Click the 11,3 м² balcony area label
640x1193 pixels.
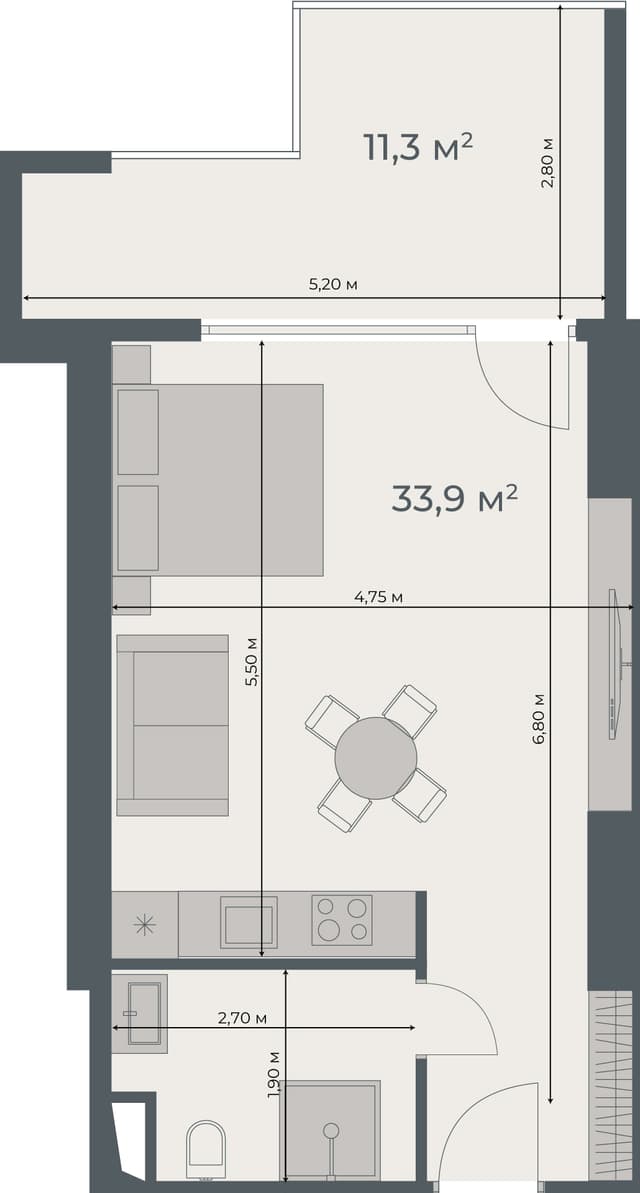(x=417, y=147)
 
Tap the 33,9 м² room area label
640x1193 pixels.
(x=454, y=497)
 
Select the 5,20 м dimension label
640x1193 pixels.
(x=333, y=285)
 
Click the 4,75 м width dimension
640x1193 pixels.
(x=378, y=597)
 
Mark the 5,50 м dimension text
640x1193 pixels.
(x=252, y=661)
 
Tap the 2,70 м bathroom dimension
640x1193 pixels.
(x=242, y=1018)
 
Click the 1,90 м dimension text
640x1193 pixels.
(x=274, y=1076)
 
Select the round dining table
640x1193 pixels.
(x=376, y=757)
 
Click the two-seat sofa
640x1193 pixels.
(x=172, y=725)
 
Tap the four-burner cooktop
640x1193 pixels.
(x=342, y=919)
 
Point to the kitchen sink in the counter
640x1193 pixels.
(x=249, y=921)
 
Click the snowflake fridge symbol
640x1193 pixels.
(x=145, y=925)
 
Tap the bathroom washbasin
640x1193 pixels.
(x=140, y=1012)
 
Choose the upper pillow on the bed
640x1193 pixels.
(x=138, y=432)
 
